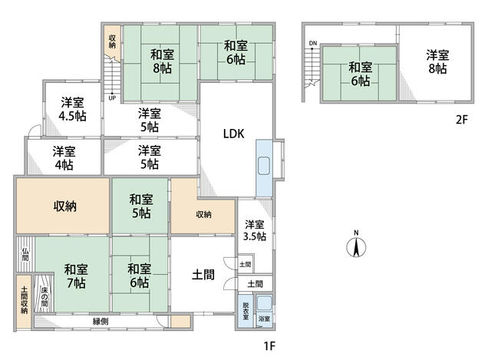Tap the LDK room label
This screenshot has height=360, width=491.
coord(233,133)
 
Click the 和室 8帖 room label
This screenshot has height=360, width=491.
coord(161,61)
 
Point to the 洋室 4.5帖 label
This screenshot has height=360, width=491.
coord(73,109)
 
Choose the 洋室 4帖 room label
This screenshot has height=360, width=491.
coord(64,157)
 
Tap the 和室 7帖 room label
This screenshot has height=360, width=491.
coord(75,276)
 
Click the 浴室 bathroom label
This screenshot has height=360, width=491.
coord(263,318)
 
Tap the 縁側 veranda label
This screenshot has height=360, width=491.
coord(101,321)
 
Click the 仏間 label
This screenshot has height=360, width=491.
coord(25,255)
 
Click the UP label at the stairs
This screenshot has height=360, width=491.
coord(112,98)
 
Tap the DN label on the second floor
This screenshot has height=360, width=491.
coord(312,44)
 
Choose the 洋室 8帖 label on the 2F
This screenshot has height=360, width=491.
coord(438,61)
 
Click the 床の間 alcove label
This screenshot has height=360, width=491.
coord(44,296)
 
